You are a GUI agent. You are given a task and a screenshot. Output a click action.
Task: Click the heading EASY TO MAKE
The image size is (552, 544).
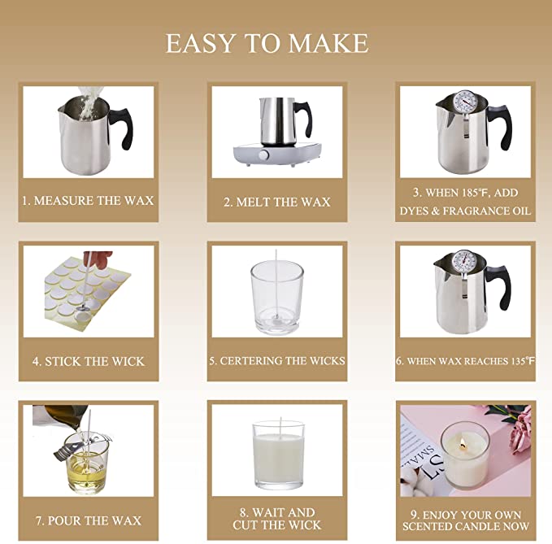267,43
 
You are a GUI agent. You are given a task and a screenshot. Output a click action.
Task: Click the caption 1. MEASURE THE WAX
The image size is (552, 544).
88,200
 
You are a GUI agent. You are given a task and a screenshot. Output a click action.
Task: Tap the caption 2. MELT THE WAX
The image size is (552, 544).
277,202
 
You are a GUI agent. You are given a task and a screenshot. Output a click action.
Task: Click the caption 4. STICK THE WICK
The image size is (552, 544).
89,361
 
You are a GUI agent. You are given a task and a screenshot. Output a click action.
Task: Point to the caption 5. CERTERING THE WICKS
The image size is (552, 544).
277,360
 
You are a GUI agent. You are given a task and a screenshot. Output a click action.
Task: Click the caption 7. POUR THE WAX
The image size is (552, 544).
88,520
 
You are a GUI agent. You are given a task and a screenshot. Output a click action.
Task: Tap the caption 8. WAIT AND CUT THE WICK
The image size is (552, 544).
277,518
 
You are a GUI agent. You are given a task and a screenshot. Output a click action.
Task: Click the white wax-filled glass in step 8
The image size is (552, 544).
277,456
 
